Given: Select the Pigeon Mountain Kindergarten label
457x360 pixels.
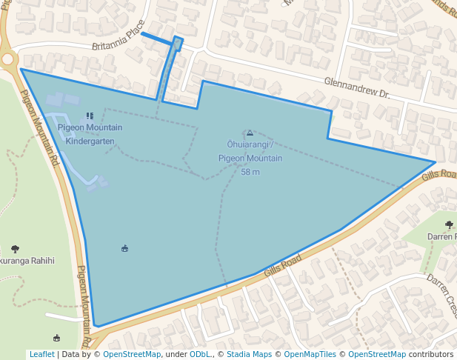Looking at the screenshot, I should pyautogui.click(x=90, y=134).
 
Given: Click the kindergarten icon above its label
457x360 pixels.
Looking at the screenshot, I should pyautogui.click(x=90, y=116).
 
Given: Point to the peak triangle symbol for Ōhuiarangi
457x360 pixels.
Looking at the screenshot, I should pyautogui.click(x=250, y=133).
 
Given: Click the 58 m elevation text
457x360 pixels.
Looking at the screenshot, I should pyautogui.click(x=250, y=173).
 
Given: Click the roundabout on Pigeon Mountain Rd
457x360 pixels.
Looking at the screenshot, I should pyautogui.click(x=7, y=59).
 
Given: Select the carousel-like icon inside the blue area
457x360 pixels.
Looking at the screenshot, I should pyautogui.click(x=124, y=248).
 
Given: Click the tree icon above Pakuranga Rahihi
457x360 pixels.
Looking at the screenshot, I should pyautogui.click(x=16, y=249).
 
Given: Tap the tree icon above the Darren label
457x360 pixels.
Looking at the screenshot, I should pyautogui.click(x=450, y=224).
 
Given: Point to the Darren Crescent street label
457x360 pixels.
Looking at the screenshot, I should pyautogui.click(x=443, y=293).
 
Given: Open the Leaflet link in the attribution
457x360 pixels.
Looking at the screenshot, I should pyautogui.click(x=41, y=355).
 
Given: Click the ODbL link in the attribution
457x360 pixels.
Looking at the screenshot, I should pyautogui.click(x=199, y=355).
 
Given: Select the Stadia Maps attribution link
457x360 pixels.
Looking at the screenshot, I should pyautogui.click(x=248, y=355).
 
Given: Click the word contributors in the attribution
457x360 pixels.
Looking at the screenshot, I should pyautogui.click(x=431, y=355).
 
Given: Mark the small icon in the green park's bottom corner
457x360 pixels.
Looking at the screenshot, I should pyautogui.click(x=57, y=316).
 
